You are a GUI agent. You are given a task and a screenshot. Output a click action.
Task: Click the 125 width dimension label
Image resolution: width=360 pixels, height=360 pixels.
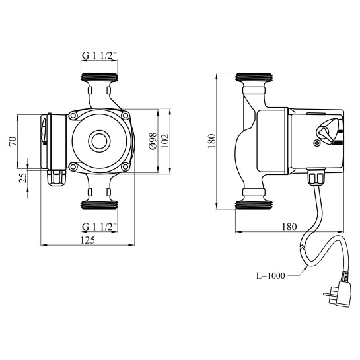pos(88,240)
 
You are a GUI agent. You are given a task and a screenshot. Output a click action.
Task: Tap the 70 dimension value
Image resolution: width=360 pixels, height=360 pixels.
pos(13,141)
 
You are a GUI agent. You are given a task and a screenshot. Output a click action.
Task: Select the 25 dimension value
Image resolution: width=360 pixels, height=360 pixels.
pos(23,178)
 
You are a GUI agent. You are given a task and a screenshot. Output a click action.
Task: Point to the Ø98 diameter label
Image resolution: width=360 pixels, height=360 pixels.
pos(153,141)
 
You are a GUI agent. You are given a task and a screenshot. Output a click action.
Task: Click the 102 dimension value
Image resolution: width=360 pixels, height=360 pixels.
pos(165,141)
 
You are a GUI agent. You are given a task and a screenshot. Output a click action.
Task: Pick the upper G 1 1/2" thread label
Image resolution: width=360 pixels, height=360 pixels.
pos(100,55)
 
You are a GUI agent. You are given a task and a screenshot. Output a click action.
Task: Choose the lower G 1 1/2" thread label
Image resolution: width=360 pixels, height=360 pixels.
pos(100,227)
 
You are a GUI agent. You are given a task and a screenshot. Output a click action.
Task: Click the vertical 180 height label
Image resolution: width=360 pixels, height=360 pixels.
pos(211,141)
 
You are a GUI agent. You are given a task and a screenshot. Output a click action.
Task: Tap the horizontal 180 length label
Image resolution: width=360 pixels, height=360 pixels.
pos(289,227)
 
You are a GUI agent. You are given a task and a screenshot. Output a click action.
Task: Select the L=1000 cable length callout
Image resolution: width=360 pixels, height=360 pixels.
pos(270,275)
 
